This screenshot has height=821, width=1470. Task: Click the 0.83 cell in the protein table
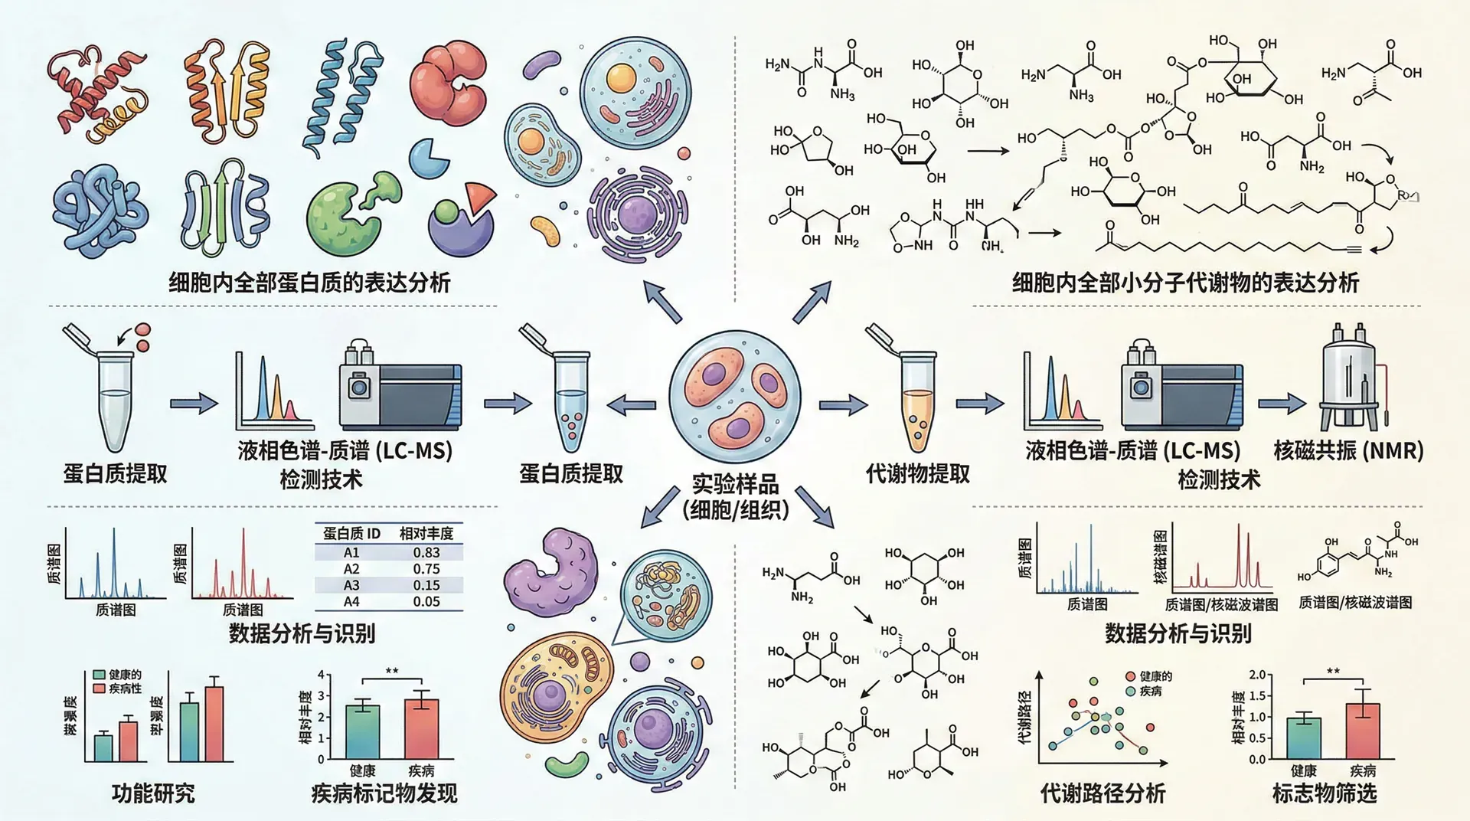pyautogui.click(x=426, y=552)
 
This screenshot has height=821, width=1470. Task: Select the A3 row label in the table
pyautogui.click(x=351, y=585)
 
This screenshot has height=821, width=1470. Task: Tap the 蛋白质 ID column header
pyautogui.click(x=351, y=533)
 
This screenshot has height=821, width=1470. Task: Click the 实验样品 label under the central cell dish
pyautogui.click(x=735, y=484)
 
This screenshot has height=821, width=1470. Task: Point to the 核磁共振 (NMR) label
pyautogui.click(x=1348, y=450)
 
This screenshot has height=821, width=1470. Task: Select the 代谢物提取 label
pyautogui.click(x=917, y=473)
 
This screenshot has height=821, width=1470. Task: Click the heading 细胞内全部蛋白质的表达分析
pyautogui.click(x=309, y=283)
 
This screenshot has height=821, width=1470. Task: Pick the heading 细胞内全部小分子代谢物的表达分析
pyautogui.click(x=1185, y=283)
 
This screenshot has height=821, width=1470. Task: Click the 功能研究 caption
pyautogui.click(x=153, y=793)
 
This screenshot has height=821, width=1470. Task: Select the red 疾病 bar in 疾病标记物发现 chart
pyautogui.click(x=421, y=728)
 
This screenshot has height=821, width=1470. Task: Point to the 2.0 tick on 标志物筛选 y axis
pyautogui.click(x=1257, y=675)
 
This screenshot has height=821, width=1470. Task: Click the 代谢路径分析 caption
pyautogui.click(x=1102, y=793)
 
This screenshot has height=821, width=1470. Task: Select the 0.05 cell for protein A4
pyautogui.click(x=426, y=601)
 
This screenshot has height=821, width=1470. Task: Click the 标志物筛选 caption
pyautogui.click(x=1324, y=793)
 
